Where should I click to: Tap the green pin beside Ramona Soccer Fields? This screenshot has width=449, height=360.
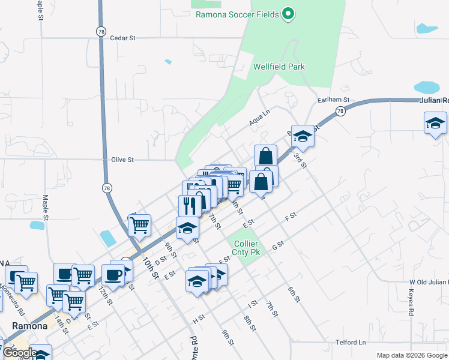click(288, 13)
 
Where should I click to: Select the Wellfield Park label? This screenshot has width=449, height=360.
click(279, 67)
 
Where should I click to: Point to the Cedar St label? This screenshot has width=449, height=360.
click(123, 38)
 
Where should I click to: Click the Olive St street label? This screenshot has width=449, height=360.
click(122, 160)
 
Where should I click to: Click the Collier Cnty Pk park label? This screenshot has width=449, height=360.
click(246, 248)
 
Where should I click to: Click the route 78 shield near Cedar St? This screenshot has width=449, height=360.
click(101, 31)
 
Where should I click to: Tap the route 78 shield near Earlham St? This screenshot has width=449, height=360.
click(341, 111)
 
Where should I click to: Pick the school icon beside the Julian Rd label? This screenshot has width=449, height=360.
click(435, 124)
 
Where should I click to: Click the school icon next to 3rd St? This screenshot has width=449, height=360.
click(303, 137)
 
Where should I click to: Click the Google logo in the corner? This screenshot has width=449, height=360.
click(19, 353)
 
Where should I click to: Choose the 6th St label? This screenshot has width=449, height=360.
click(293, 295)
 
